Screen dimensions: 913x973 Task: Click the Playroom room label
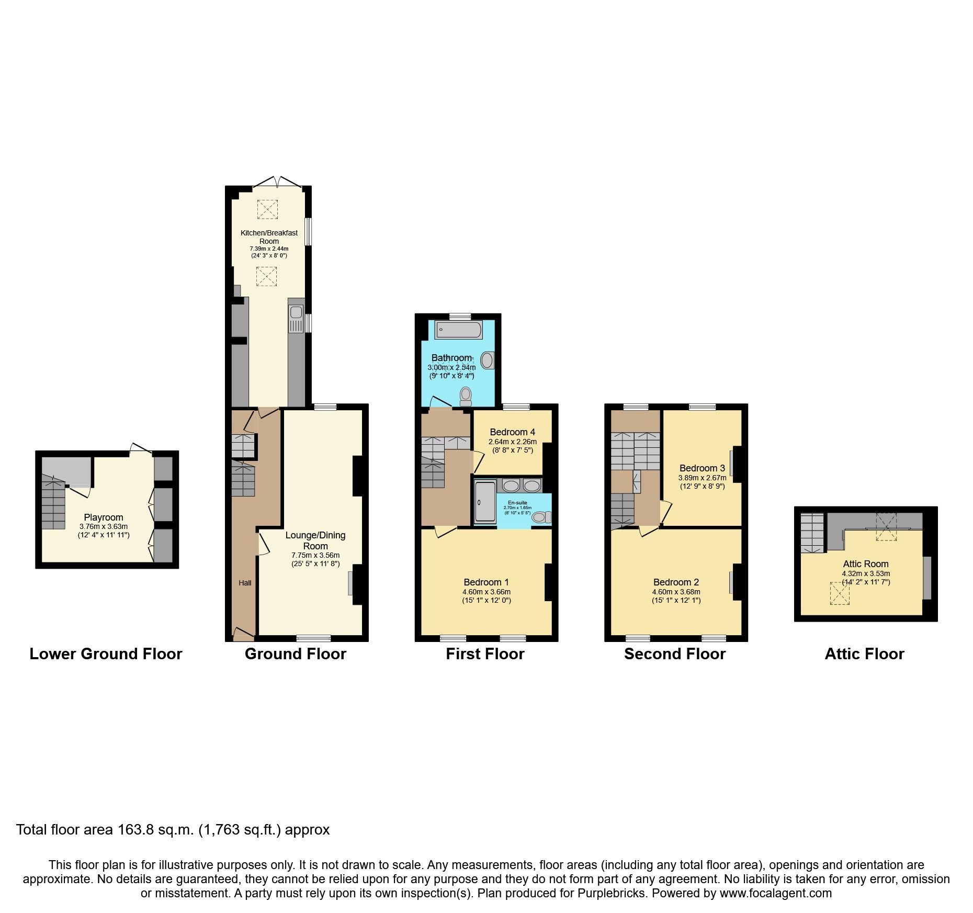(104, 517)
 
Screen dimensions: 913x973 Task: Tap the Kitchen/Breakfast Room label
(269, 237)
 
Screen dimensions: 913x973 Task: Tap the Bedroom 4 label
(512, 432)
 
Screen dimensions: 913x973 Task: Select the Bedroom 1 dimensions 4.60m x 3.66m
(486, 592)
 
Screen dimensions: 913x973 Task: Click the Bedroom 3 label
(702, 468)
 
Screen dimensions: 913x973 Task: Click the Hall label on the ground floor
(245, 583)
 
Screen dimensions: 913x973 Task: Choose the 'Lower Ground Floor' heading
(106, 654)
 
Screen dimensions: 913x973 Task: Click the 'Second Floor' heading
(675, 654)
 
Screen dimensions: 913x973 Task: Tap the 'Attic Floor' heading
(864, 654)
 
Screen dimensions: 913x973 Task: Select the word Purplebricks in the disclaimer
(612, 893)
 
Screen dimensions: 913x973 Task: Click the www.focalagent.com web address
(775, 893)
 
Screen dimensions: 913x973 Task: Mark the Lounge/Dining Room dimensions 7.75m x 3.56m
(315, 555)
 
